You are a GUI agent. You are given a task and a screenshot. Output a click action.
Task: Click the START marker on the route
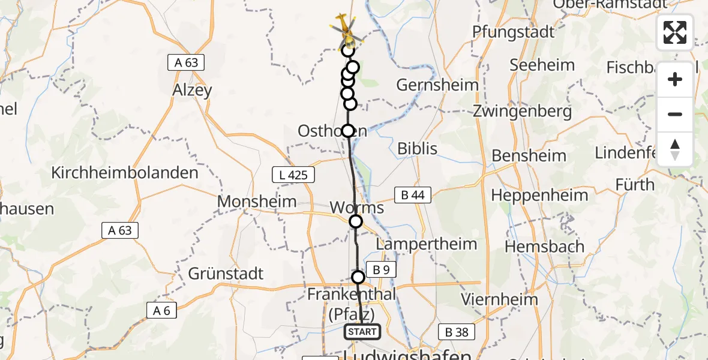point(362,332)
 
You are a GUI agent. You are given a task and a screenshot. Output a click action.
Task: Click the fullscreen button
point(675,32)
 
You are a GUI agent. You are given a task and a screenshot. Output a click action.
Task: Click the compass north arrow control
point(675,149)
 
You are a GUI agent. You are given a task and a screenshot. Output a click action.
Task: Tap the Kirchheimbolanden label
point(125,173)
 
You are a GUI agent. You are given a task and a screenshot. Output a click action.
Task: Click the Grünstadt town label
point(226,274)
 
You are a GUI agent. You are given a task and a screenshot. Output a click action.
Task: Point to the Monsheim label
point(257,202)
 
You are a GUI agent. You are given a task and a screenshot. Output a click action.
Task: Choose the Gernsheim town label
point(437,85)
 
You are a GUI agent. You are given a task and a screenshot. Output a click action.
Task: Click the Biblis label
point(418,148)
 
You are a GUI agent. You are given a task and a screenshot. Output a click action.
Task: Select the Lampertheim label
point(426,244)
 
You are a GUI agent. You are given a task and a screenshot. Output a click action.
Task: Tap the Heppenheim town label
point(539,195)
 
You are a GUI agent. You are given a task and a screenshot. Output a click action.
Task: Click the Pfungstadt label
point(514,32)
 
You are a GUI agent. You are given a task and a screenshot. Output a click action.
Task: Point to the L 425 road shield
point(293,175)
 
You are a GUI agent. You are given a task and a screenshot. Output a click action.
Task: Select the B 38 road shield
point(456,332)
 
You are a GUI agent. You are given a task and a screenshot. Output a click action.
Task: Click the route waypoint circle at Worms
point(356,221)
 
